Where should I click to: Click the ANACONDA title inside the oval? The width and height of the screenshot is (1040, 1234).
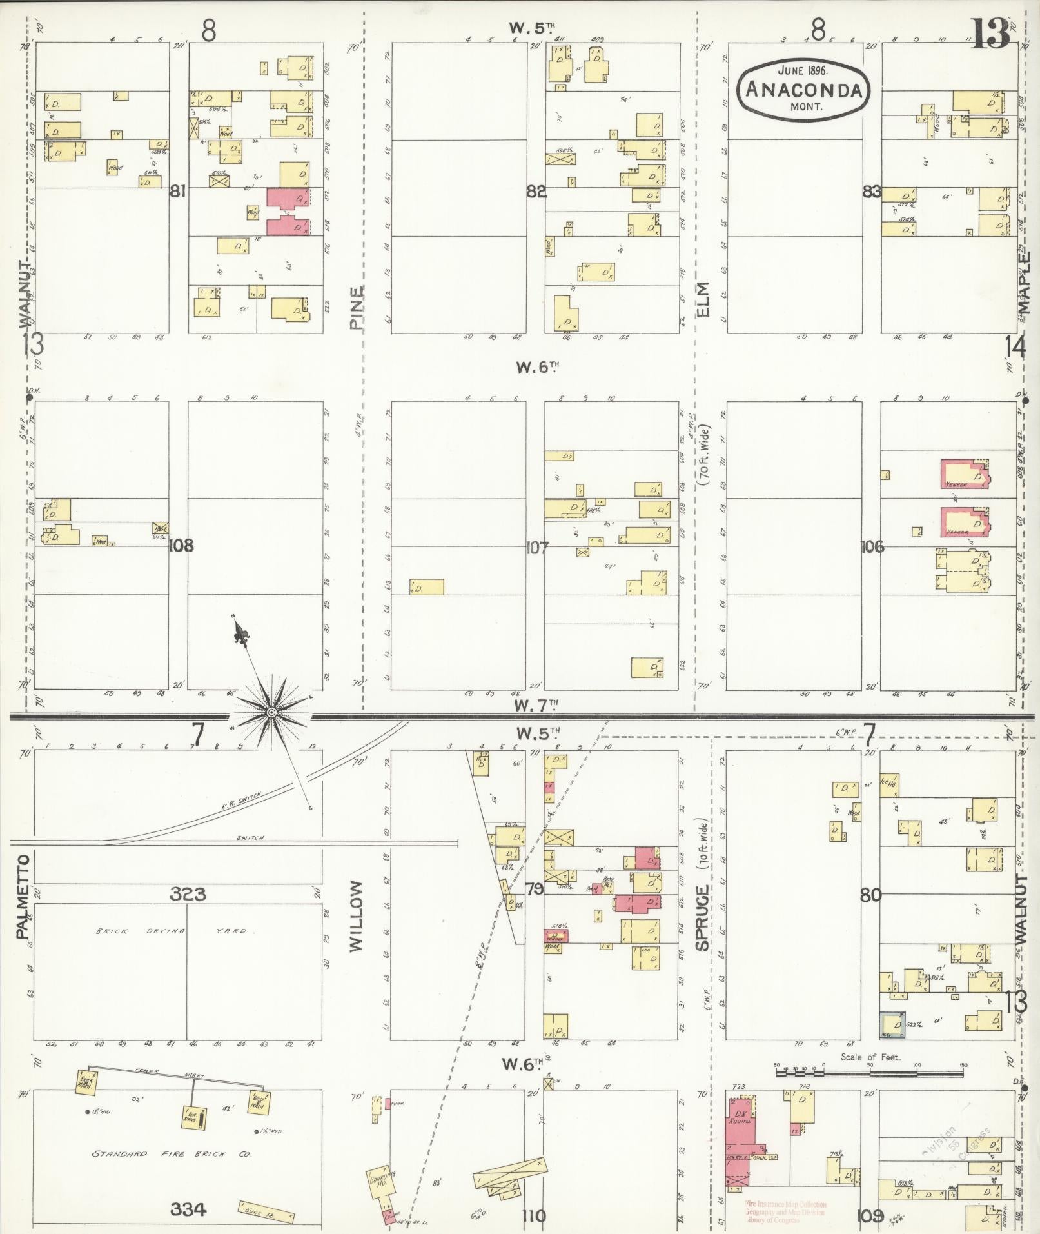click(803, 89)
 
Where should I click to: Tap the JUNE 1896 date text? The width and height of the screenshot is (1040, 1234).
click(802, 70)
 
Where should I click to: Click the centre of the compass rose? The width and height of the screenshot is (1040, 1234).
click(271, 712)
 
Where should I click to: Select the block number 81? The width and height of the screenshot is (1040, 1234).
click(178, 191)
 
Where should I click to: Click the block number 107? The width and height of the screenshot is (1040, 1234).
click(536, 548)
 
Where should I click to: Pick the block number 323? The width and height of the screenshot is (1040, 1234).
click(188, 893)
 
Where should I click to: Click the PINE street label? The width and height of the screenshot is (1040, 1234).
click(357, 308)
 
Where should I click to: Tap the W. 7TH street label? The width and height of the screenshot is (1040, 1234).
click(535, 706)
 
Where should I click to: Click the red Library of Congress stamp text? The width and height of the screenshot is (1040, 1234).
click(785, 1212)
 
